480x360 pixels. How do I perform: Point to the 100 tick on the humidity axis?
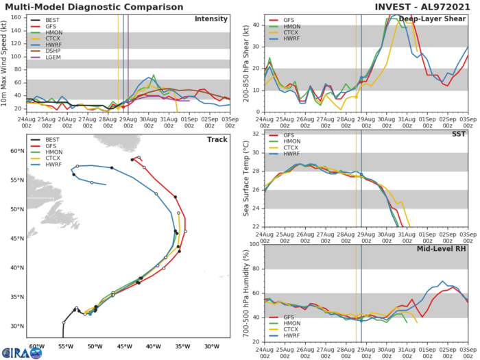pyautogui.click(x=252, y=244)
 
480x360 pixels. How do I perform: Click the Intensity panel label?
pyautogui.click(x=211, y=19)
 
